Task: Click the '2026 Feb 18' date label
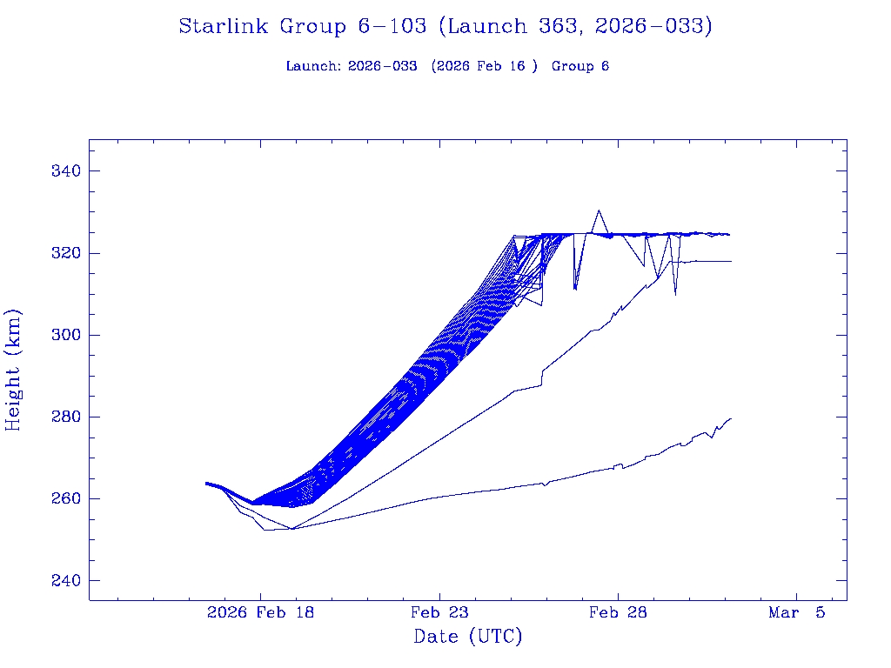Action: tap(260, 613)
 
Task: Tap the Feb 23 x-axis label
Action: tap(439, 613)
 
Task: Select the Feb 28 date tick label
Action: tap(618, 613)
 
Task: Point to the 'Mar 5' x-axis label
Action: tap(796, 613)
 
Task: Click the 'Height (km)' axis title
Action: tap(14, 370)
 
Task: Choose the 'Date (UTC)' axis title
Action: tap(468, 638)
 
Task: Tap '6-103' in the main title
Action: tap(392, 27)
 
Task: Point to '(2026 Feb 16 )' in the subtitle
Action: tap(485, 67)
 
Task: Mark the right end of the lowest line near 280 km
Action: tap(731, 418)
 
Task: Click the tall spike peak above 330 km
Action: tap(598, 210)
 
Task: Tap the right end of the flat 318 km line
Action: tap(731, 261)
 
